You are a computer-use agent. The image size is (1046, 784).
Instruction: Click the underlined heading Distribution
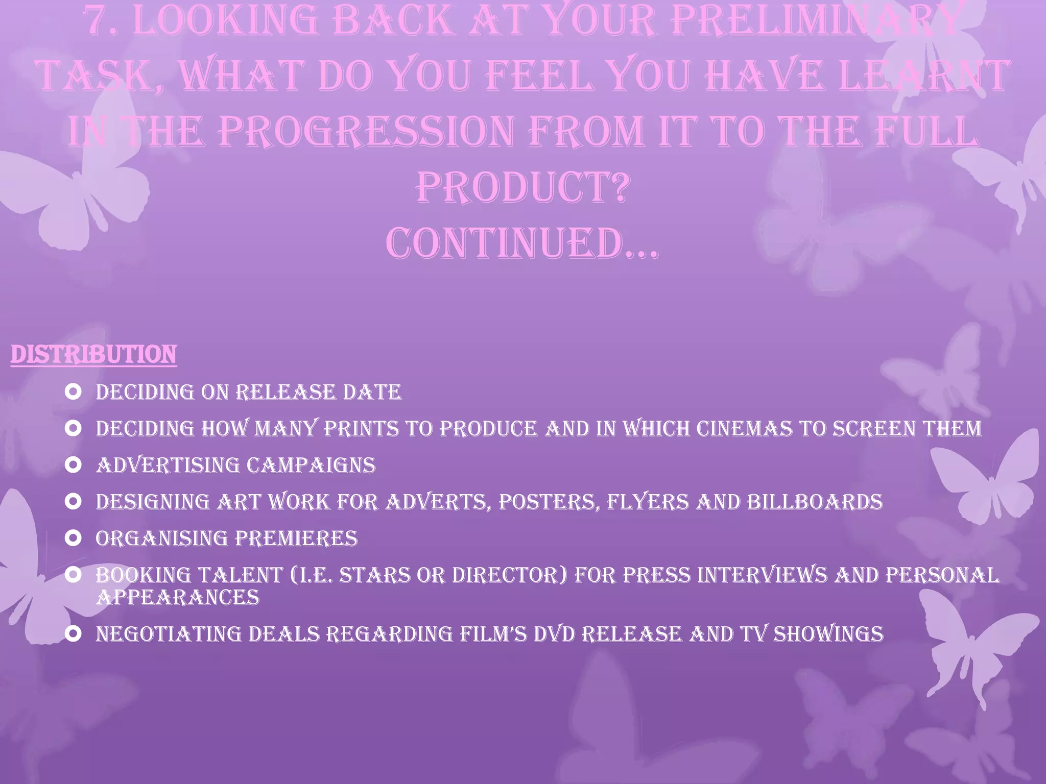(93, 355)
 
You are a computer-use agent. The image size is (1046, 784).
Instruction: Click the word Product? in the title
(521, 187)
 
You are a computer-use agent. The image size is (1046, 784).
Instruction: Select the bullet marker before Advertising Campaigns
(74, 465)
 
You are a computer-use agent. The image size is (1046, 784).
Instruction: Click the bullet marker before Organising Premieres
(74, 538)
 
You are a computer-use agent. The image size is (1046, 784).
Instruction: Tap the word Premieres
(296, 538)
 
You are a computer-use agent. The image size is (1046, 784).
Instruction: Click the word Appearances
(178, 597)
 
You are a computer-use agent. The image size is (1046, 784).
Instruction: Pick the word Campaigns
(311, 465)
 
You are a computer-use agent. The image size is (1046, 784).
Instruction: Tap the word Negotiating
(168, 634)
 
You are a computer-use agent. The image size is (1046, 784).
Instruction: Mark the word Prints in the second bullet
(362, 429)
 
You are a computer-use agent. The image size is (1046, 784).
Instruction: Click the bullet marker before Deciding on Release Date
(74, 392)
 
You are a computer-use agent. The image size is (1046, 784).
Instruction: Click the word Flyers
(648, 502)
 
